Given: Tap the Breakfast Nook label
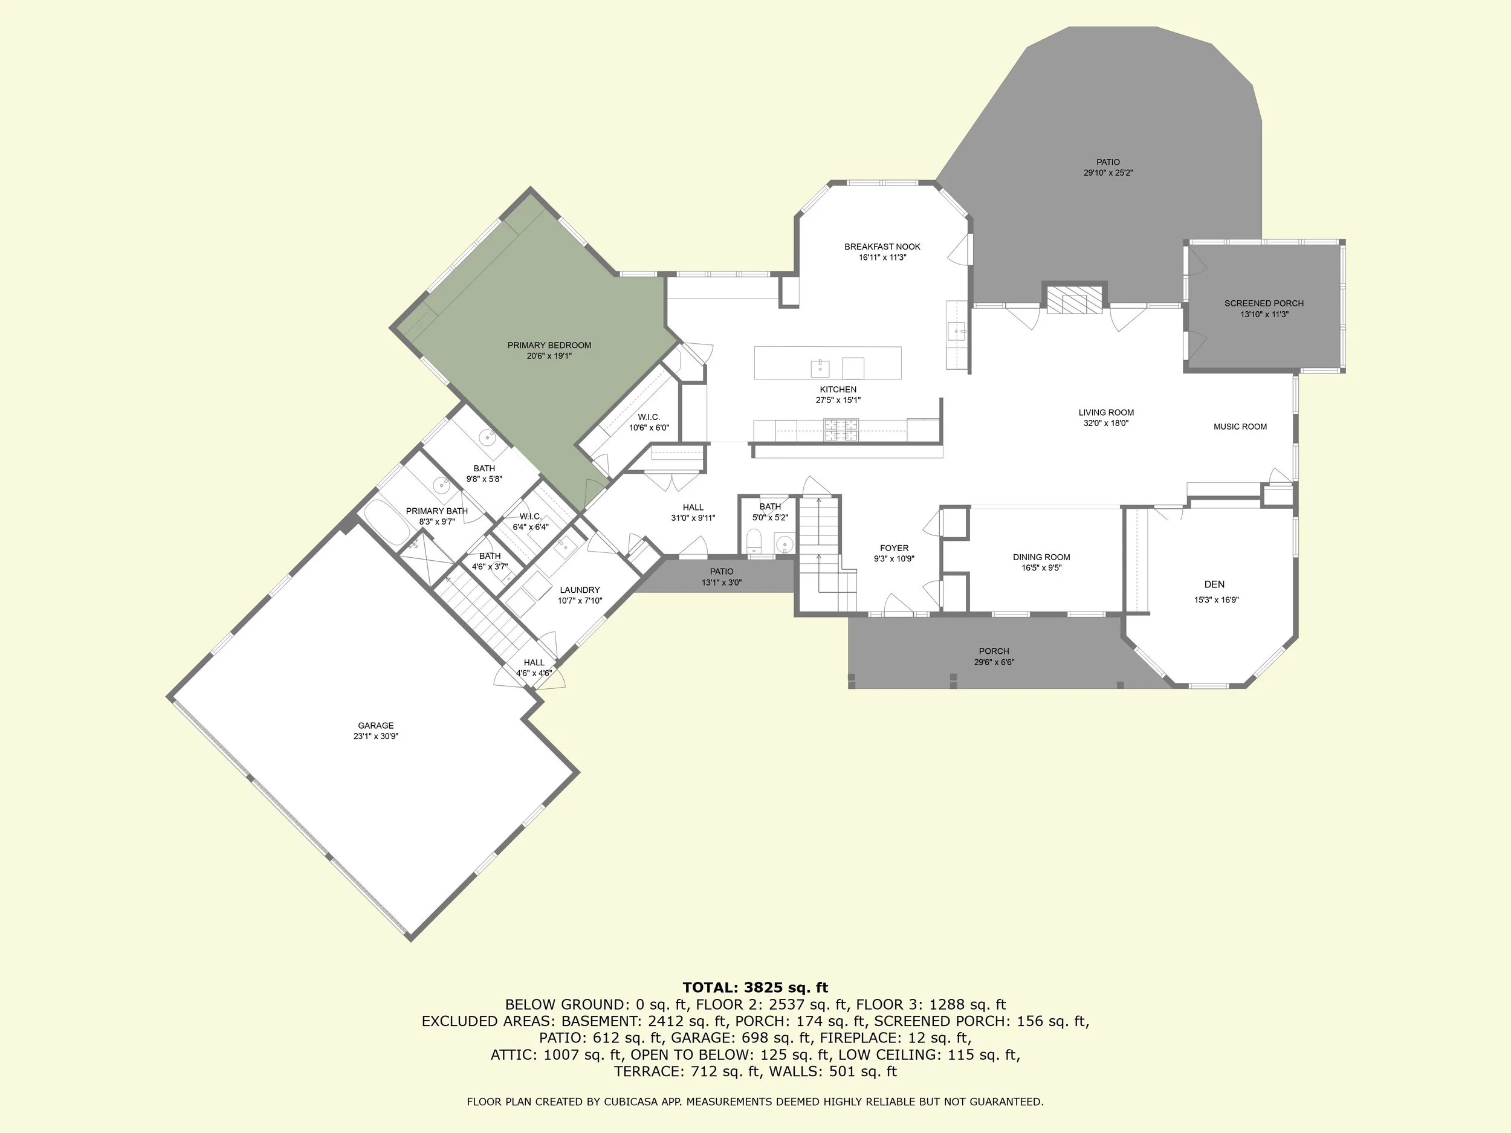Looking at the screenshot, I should click(x=882, y=247).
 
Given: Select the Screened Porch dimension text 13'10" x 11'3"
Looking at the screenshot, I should click(x=1264, y=315).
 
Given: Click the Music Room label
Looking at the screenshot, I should click(x=1240, y=427).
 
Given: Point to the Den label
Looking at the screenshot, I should click(x=1214, y=584).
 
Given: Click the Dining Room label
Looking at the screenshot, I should click(x=1041, y=557).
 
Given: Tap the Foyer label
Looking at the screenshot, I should click(x=893, y=549).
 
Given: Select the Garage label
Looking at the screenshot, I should click(x=376, y=726).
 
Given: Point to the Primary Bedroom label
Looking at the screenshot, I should click(x=549, y=346).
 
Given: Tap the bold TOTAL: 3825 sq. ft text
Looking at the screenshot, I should click(x=755, y=987).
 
